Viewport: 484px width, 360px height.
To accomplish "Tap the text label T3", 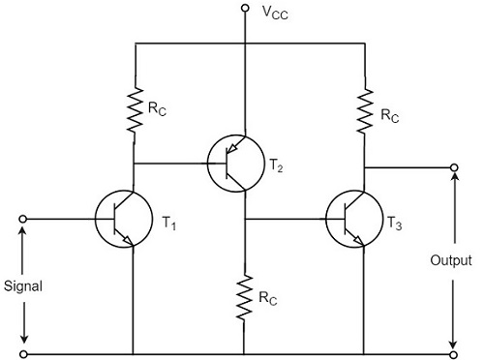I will coord(396,224).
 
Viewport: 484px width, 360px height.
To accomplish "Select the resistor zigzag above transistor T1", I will coord(132,108).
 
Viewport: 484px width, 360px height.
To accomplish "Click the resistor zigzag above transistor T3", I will coord(364,108).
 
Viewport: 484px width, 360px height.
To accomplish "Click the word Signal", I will coord(23,287).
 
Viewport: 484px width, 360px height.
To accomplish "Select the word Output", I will coord(453,261).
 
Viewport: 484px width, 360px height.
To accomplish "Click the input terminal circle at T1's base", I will coord(23,218).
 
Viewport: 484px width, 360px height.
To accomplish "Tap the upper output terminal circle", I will coord(453,167).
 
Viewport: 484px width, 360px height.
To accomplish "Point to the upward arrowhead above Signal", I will coord(23,232).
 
